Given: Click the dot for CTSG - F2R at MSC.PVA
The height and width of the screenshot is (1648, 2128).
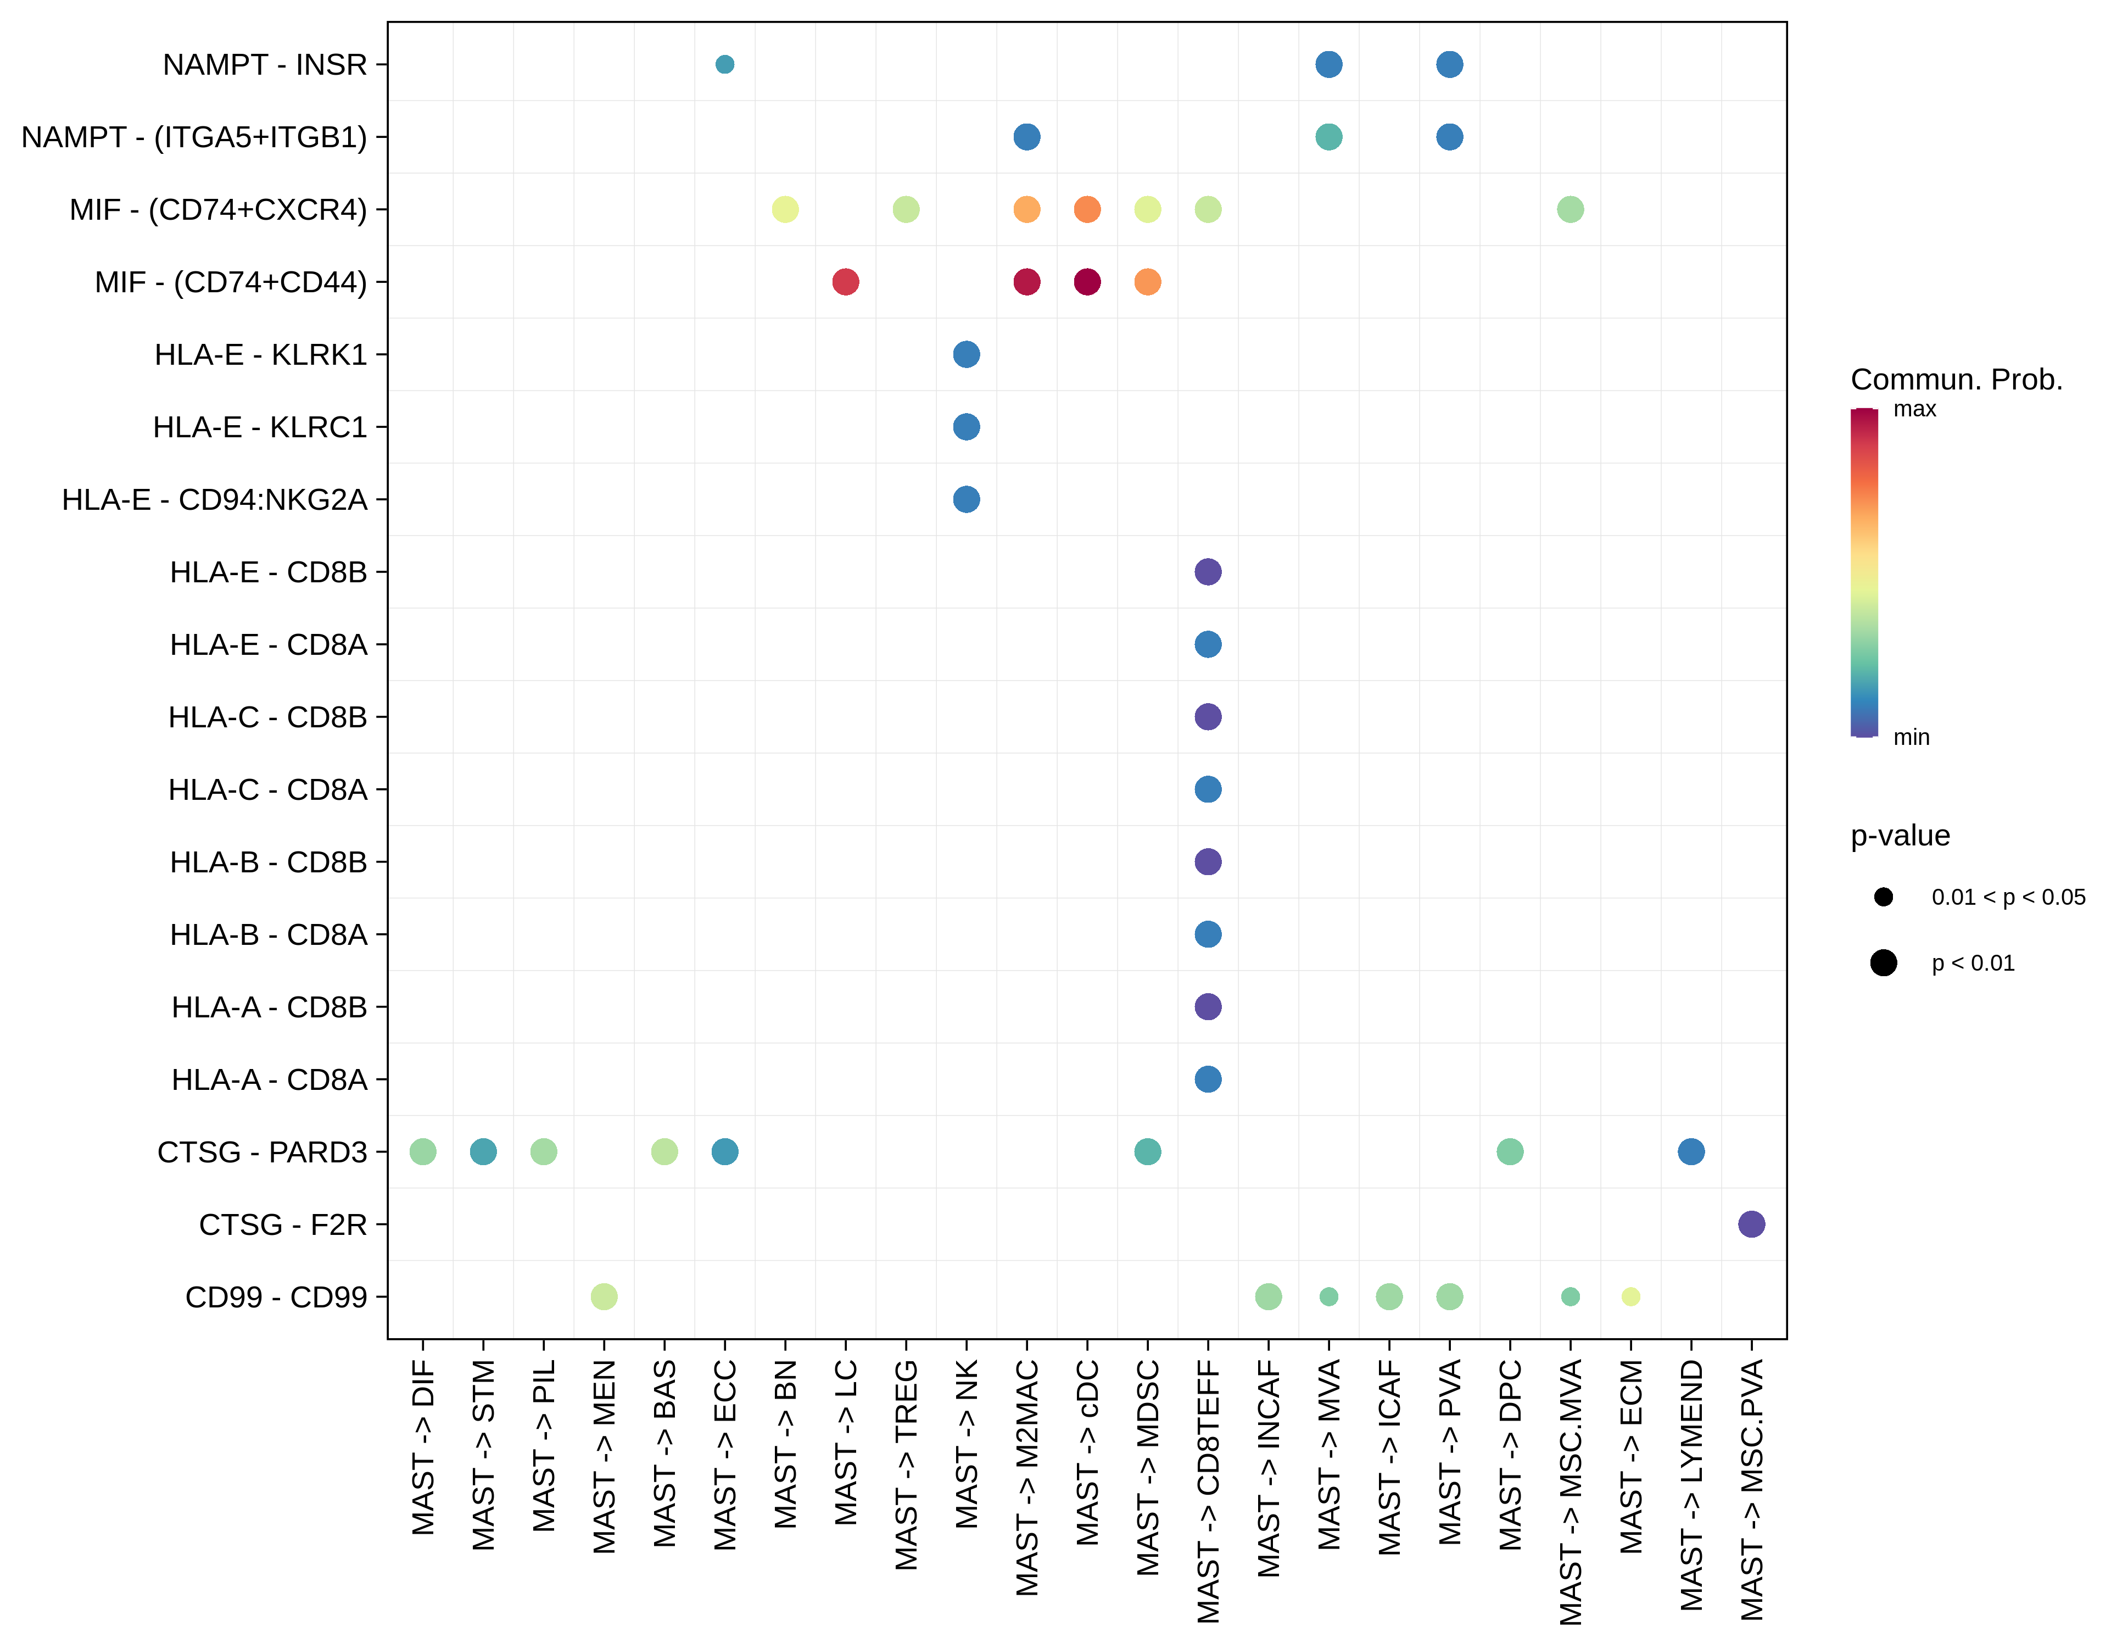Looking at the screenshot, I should point(1751,1224).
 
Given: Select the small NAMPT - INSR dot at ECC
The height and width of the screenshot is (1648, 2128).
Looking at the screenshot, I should point(724,64).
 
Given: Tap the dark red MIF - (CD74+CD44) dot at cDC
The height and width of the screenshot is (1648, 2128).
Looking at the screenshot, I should point(1087,282).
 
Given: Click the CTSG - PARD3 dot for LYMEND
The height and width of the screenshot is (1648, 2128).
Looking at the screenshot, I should point(1690,1152).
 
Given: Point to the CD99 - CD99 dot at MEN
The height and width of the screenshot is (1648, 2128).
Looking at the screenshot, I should point(604,1296).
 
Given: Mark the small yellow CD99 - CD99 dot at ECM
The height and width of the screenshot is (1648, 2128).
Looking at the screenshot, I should point(1630,1296).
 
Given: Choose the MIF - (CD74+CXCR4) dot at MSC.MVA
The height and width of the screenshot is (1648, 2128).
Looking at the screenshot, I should point(1570,209).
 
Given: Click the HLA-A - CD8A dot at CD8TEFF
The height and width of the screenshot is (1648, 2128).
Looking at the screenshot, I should point(1207,1079).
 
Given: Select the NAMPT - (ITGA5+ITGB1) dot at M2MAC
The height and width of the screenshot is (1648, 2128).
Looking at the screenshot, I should point(1026,136).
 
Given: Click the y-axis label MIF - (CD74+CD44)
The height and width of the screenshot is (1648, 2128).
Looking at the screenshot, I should point(231,282).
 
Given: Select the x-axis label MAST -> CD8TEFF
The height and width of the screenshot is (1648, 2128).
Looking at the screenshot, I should point(1208,1491).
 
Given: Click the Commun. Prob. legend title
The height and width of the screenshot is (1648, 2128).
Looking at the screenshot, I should point(1956,379).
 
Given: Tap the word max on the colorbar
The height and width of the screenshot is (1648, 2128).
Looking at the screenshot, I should point(1914,409).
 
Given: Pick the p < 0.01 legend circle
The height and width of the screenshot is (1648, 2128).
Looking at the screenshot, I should point(1883,963).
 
